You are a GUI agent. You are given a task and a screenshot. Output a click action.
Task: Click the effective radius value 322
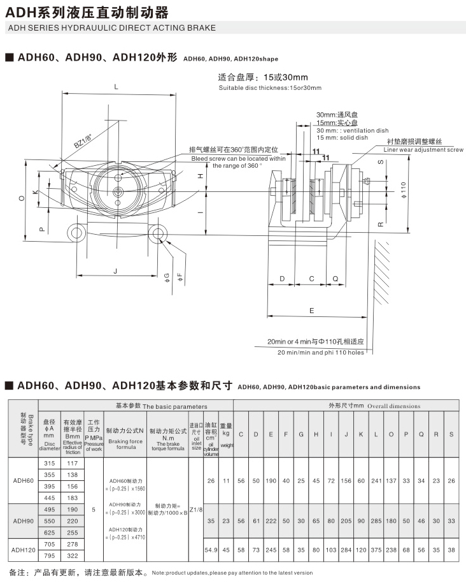point(72,555)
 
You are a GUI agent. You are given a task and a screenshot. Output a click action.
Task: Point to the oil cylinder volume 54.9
point(211,549)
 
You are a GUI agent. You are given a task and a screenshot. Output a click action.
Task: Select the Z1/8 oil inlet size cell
point(195,510)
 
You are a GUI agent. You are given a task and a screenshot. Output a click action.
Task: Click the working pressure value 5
point(94,510)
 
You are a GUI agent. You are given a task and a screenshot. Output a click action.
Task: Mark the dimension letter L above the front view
point(116,86)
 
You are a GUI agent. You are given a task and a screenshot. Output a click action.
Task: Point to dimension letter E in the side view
point(311,311)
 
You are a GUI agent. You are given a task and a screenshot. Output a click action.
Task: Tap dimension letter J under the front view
point(116,271)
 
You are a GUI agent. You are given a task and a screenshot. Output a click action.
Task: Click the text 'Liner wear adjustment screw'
point(423,150)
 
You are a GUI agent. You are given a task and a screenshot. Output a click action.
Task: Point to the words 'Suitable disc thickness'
point(249,88)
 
